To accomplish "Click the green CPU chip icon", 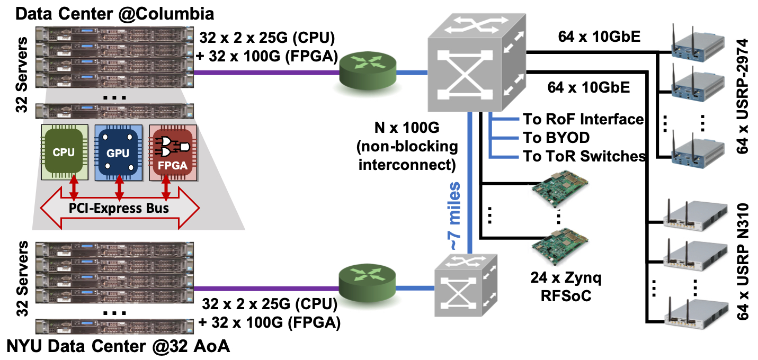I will point(64,152).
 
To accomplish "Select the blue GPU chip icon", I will point(118,152).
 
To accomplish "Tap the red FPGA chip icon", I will point(173,152).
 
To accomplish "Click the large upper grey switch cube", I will point(471,66).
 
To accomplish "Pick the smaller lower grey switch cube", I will point(466,290).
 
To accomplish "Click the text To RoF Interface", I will point(583,119).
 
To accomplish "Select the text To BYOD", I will point(556,138).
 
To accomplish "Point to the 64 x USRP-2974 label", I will point(744,95).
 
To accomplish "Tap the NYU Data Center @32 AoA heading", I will point(119,347).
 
